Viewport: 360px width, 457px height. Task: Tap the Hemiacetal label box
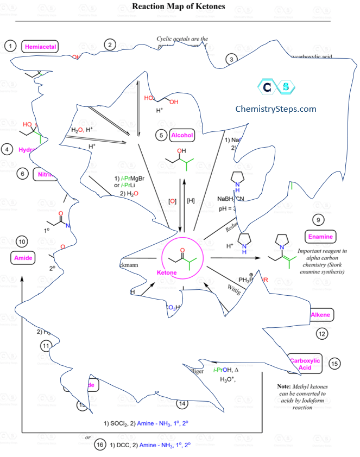(40, 47)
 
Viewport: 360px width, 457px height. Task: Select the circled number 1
(10, 46)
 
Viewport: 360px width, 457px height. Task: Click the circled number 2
(110, 45)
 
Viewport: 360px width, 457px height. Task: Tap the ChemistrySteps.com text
(275, 109)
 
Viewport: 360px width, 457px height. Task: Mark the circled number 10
(22, 241)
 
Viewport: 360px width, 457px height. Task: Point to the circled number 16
(99, 445)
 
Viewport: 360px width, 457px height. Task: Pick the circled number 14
(182, 403)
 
